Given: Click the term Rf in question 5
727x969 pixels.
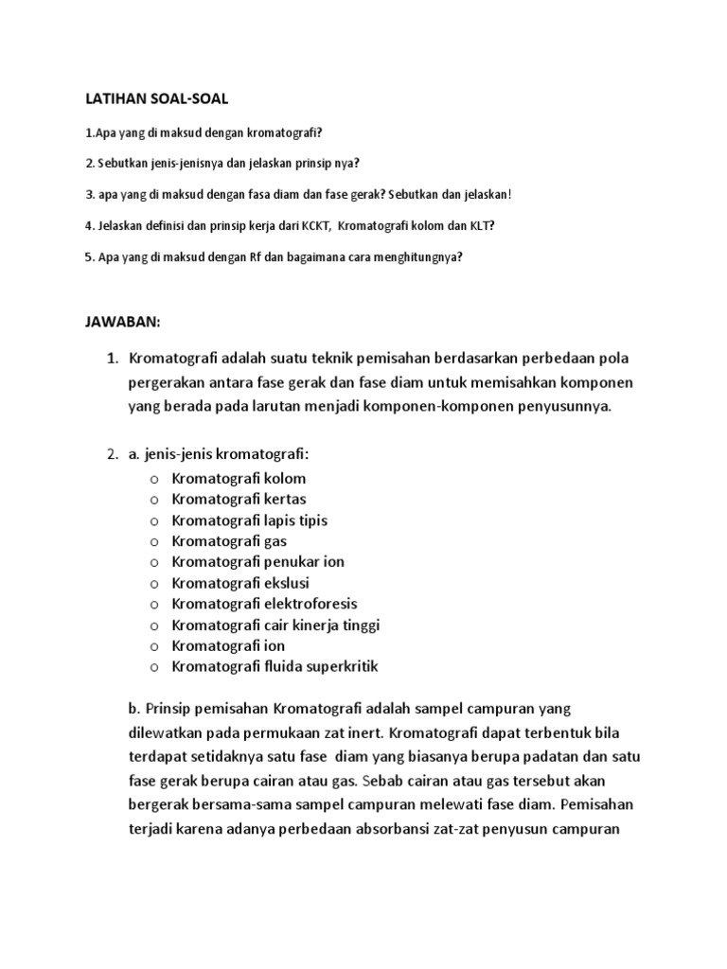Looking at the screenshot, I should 255,256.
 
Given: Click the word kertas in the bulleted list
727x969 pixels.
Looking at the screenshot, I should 285,499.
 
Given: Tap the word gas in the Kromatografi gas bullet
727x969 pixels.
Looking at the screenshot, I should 274,540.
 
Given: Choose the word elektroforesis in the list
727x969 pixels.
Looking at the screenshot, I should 312,604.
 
